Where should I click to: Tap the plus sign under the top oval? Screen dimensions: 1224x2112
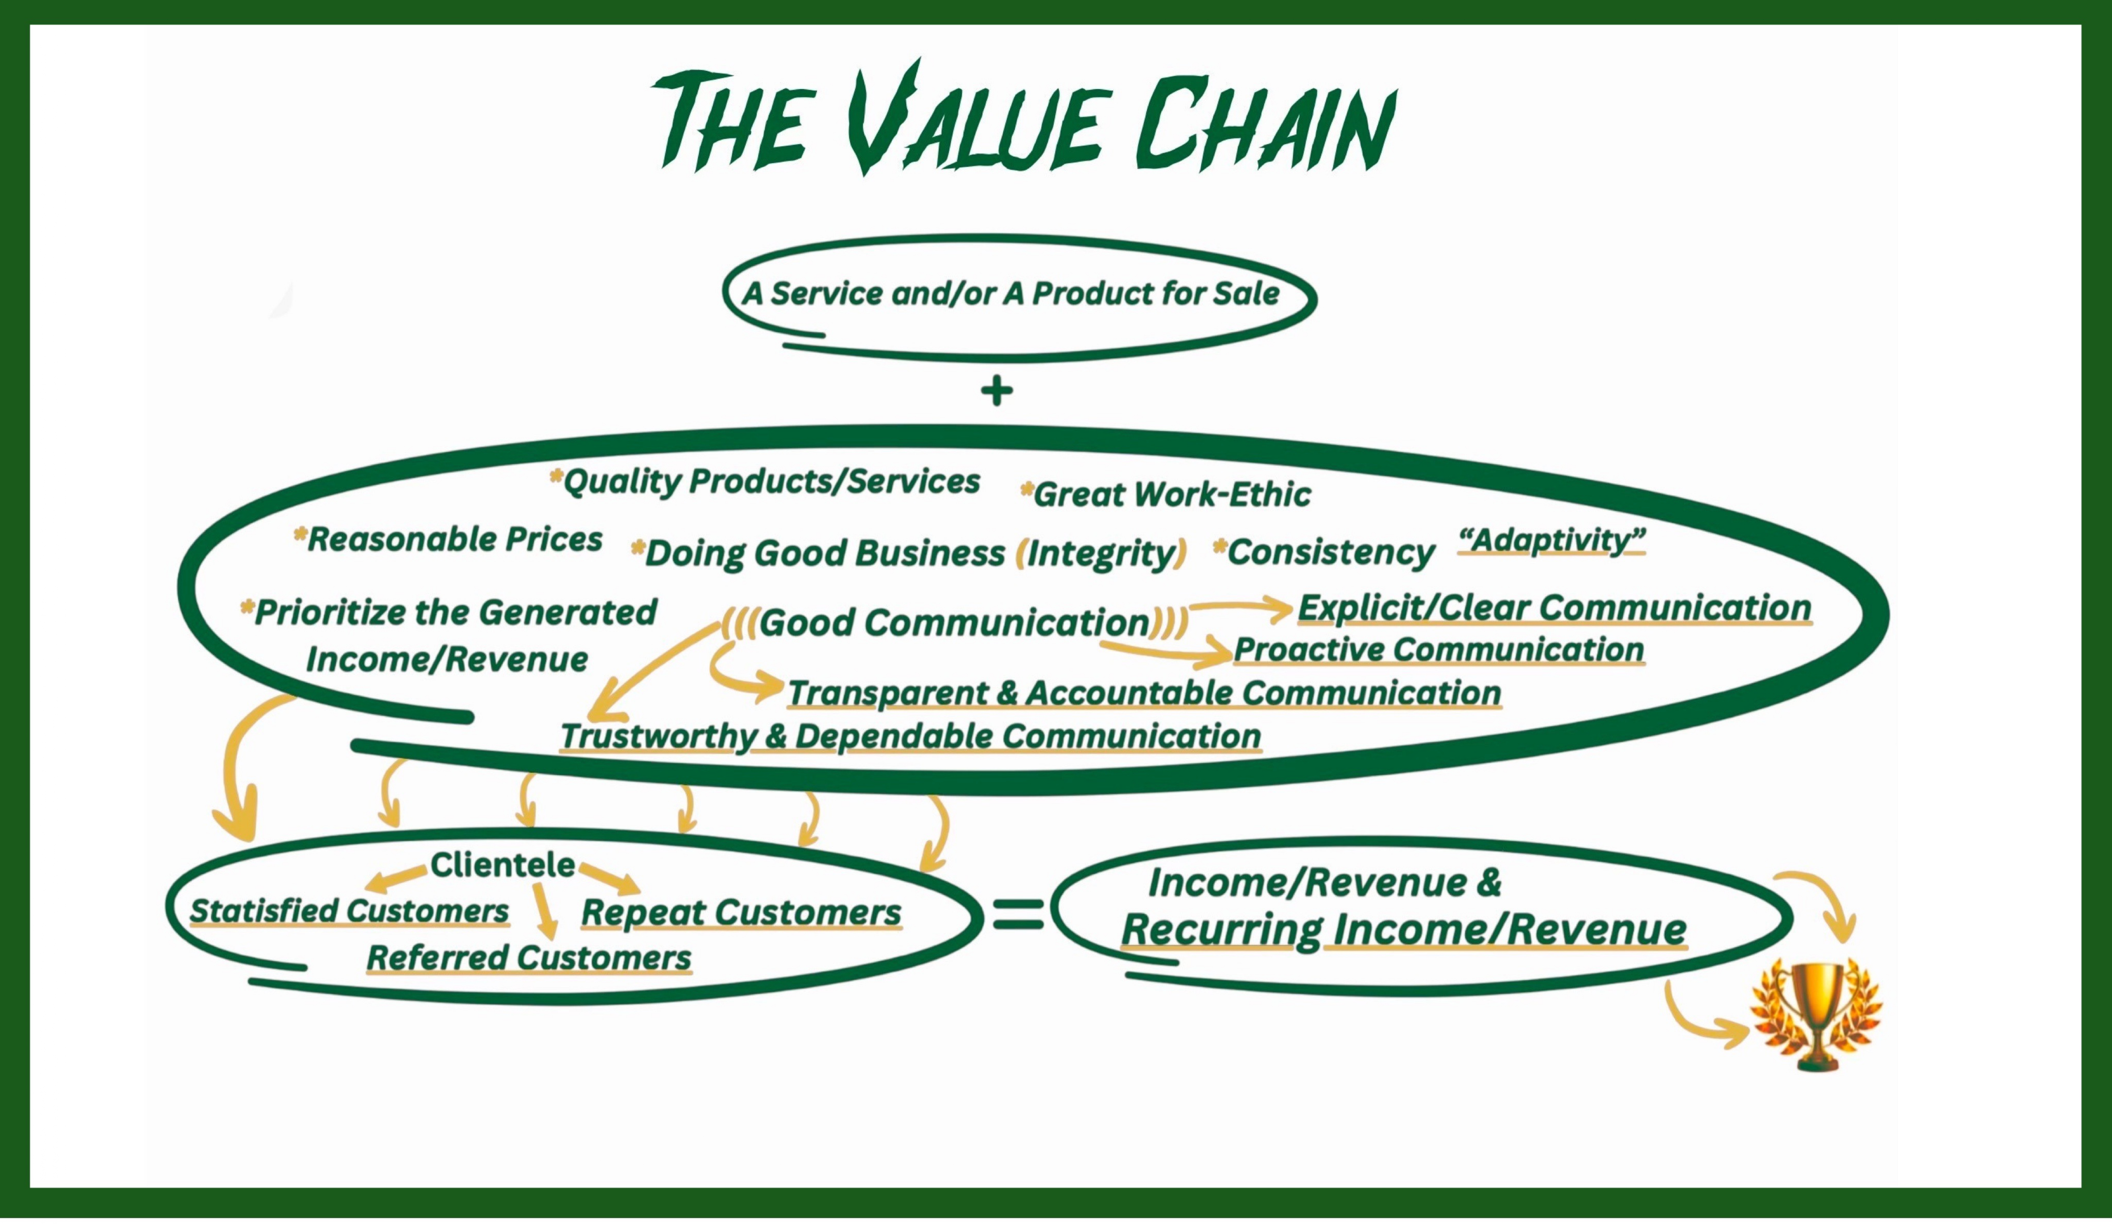[x=997, y=391]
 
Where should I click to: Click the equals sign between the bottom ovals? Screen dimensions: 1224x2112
[x=1018, y=914]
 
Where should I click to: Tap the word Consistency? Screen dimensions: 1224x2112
[x=1331, y=553]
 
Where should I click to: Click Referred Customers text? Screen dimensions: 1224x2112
[x=529, y=957]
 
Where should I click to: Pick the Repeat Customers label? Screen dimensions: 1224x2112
[x=741, y=912]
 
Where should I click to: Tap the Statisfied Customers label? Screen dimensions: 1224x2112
[x=349, y=911]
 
